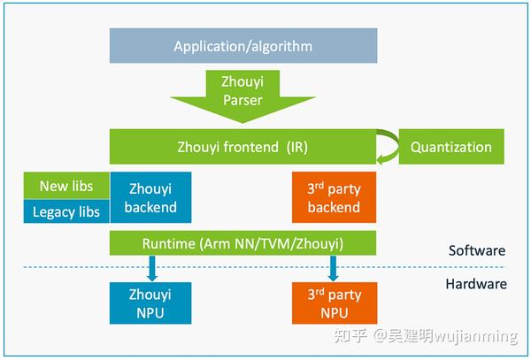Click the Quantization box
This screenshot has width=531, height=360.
click(451, 147)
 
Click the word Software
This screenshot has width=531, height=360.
click(476, 250)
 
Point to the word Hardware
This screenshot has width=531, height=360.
click(476, 284)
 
